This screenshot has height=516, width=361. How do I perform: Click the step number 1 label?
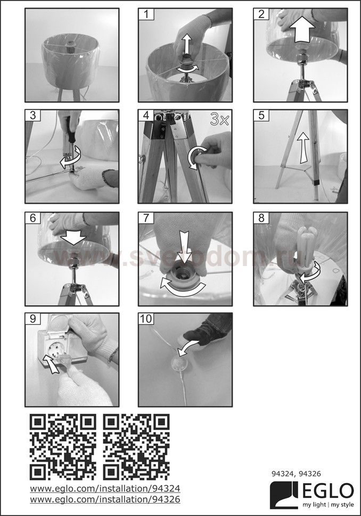(146, 14)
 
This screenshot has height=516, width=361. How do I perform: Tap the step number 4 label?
(146, 115)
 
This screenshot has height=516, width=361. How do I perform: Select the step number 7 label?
(146, 218)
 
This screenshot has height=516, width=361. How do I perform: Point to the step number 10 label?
(146, 319)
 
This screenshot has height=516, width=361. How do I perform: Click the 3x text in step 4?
(219, 119)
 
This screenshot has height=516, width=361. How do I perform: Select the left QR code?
(63, 447)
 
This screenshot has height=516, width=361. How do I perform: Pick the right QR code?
(136, 447)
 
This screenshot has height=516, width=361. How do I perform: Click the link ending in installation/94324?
(105, 488)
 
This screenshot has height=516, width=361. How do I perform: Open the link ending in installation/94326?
(105, 499)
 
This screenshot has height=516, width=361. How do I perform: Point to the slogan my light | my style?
(328, 505)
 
